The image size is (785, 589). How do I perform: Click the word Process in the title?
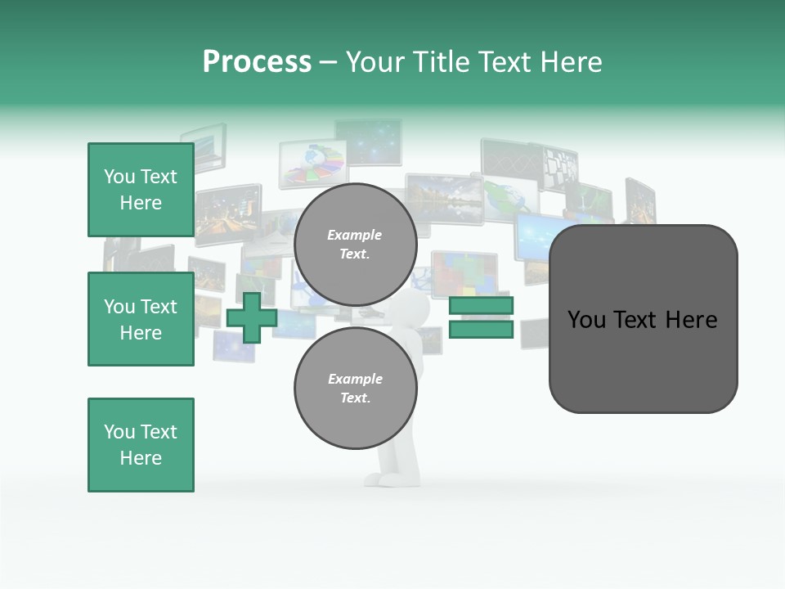pyautogui.click(x=257, y=62)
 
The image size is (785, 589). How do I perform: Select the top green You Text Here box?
pyautogui.click(x=141, y=190)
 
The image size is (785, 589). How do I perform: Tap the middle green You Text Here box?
pyautogui.click(x=141, y=319)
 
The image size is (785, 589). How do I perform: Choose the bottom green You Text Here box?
pyautogui.click(x=141, y=445)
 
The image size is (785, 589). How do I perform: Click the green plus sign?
pyautogui.click(x=252, y=317)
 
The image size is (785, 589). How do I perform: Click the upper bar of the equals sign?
pyautogui.click(x=482, y=306)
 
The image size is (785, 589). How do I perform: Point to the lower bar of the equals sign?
pyautogui.click(x=482, y=329)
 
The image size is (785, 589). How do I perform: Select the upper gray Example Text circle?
pyautogui.click(x=355, y=244)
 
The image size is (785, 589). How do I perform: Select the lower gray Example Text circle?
pyautogui.click(x=355, y=388)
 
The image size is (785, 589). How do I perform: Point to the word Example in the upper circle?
pyautogui.click(x=355, y=235)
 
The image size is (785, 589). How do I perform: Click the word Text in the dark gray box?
pyautogui.click(x=637, y=320)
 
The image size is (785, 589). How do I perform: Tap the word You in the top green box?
pyautogui.click(x=119, y=177)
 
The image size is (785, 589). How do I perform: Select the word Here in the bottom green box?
pyautogui.click(x=141, y=458)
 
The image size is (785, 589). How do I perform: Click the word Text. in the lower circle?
pyautogui.click(x=355, y=398)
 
